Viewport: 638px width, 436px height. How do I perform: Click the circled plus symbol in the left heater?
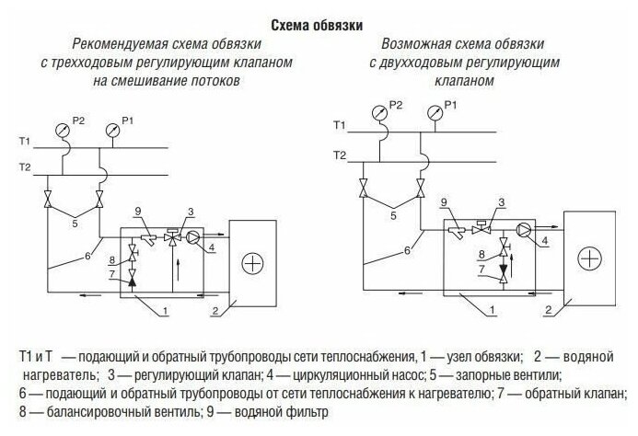click(x=251, y=263)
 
